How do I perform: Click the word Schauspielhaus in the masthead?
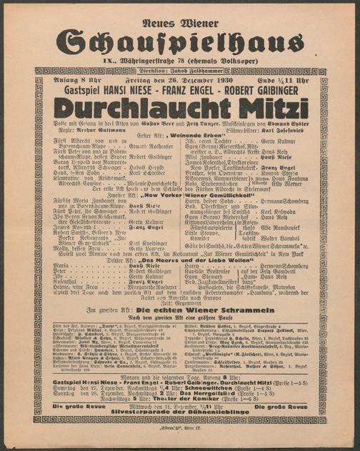179,42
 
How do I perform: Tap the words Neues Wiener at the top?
179,16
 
